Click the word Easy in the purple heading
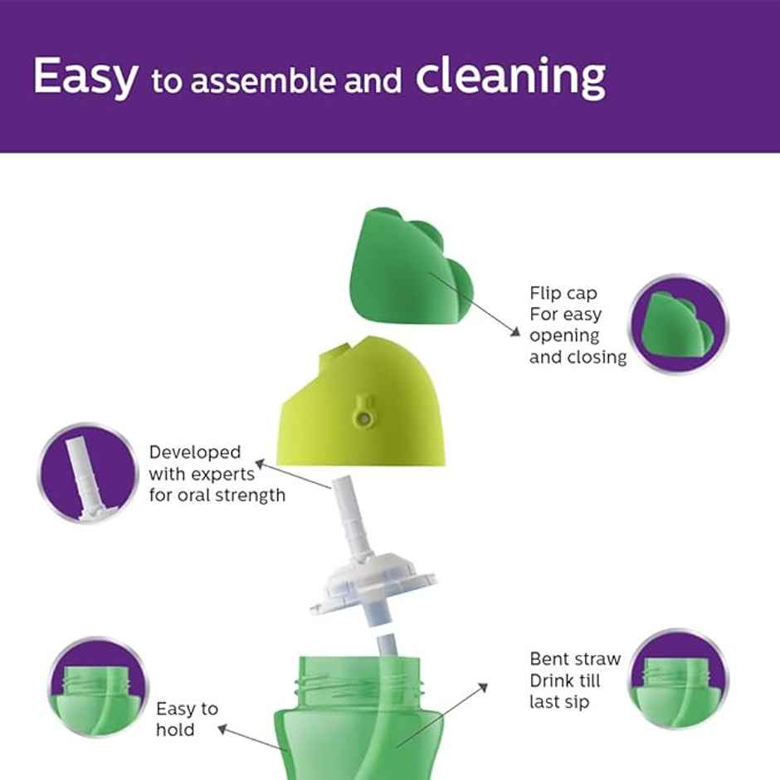tap(85, 77)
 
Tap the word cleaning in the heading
tap(509, 77)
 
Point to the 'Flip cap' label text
tap(563, 294)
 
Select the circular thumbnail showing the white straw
tap(87, 474)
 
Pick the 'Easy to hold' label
tap(187, 719)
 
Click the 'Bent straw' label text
tap(575, 660)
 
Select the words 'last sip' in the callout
tap(560, 703)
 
